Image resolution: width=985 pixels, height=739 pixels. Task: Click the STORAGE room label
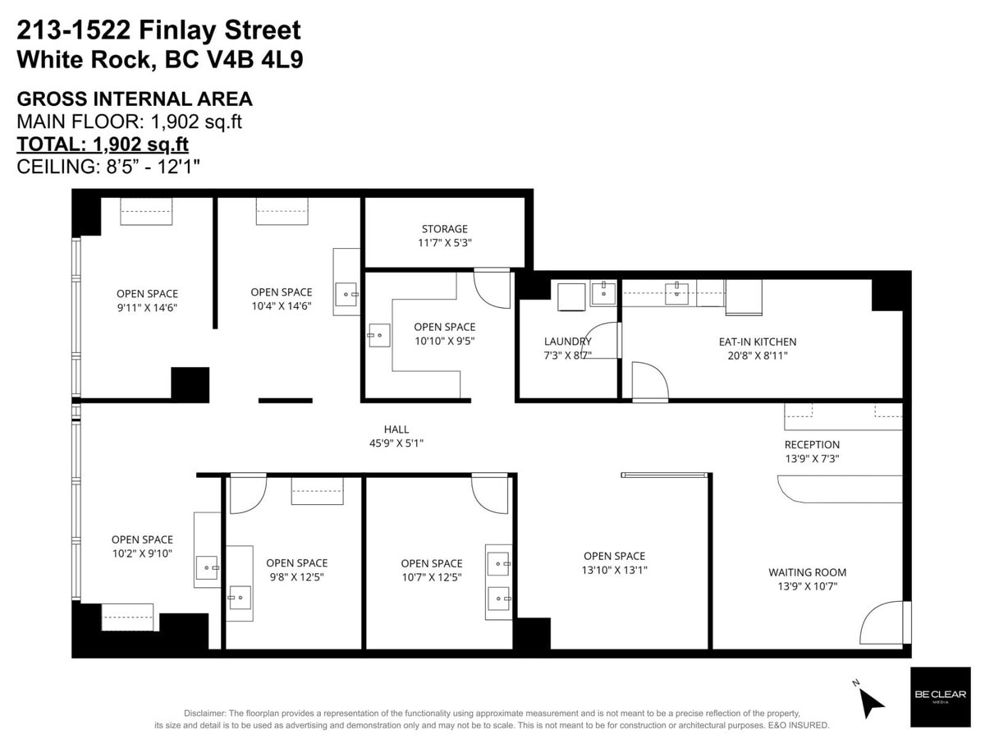[445, 229]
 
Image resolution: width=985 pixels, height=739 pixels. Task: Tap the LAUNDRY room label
[567, 342]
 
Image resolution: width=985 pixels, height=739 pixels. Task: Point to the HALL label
[396, 429]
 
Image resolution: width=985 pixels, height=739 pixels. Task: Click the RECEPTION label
[812, 445]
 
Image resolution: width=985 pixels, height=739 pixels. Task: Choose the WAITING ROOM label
[807, 572]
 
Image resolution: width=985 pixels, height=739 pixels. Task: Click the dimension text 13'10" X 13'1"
[614, 570]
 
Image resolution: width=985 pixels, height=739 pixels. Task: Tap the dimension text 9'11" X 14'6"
[147, 307]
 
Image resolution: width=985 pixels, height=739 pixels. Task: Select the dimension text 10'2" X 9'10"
[142, 553]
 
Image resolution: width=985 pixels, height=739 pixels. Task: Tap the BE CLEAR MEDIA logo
[939, 696]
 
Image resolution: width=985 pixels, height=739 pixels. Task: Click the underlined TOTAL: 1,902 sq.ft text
[103, 144]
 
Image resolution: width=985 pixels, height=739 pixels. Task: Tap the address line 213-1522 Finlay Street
[159, 31]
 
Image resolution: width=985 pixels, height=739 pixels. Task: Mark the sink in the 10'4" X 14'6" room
[346, 291]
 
